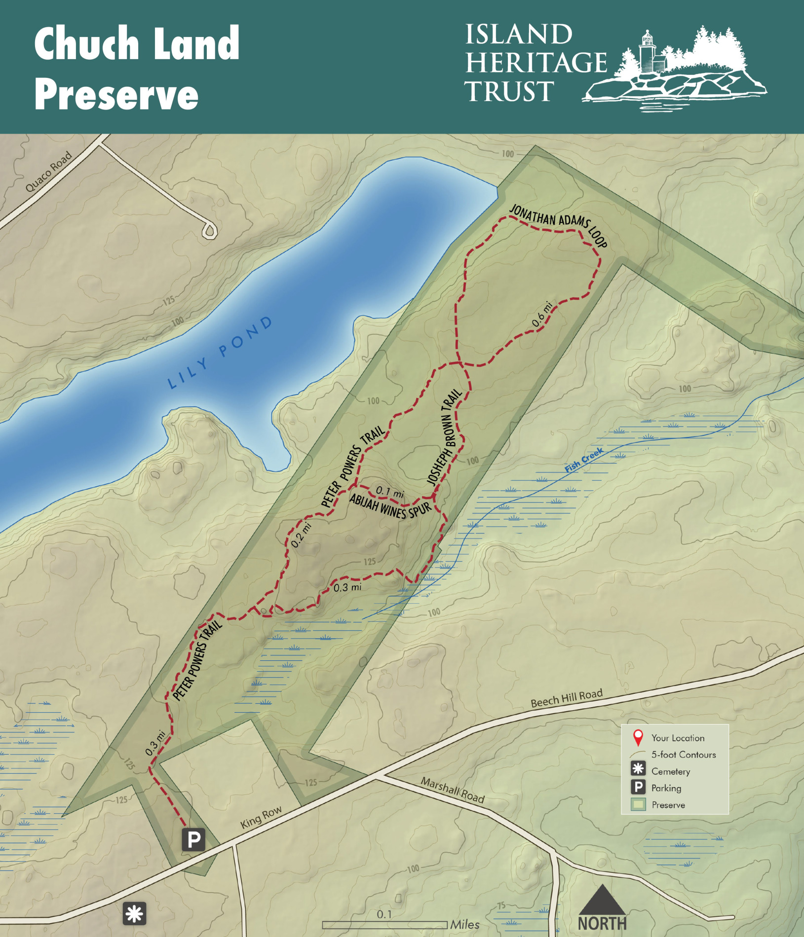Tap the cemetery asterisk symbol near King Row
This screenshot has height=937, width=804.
[134, 914]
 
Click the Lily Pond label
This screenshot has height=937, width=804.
[220, 353]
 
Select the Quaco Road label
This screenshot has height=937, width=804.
[49, 172]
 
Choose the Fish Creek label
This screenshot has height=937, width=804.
[584, 460]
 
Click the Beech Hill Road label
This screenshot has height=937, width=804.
[567, 698]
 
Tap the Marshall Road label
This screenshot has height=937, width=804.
[453, 790]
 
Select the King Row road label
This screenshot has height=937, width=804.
[261, 817]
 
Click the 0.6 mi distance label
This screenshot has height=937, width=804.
[541, 314]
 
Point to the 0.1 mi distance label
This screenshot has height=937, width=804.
[390, 492]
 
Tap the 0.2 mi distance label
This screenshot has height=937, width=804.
[301, 535]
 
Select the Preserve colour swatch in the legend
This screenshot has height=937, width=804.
[638, 805]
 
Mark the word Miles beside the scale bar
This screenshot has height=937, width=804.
[464, 925]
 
